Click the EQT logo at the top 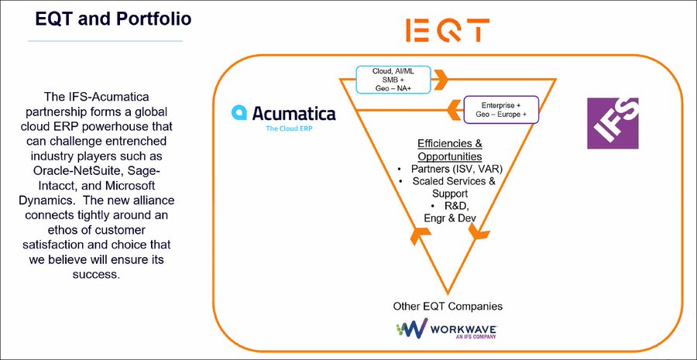point(448,30)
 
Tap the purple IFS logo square point(612,124)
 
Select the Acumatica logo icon point(239,113)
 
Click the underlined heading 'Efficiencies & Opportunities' point(450,149)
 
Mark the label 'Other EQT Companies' point(442,306)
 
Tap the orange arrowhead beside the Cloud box point(439,79)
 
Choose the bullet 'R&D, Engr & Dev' point(450,212)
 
